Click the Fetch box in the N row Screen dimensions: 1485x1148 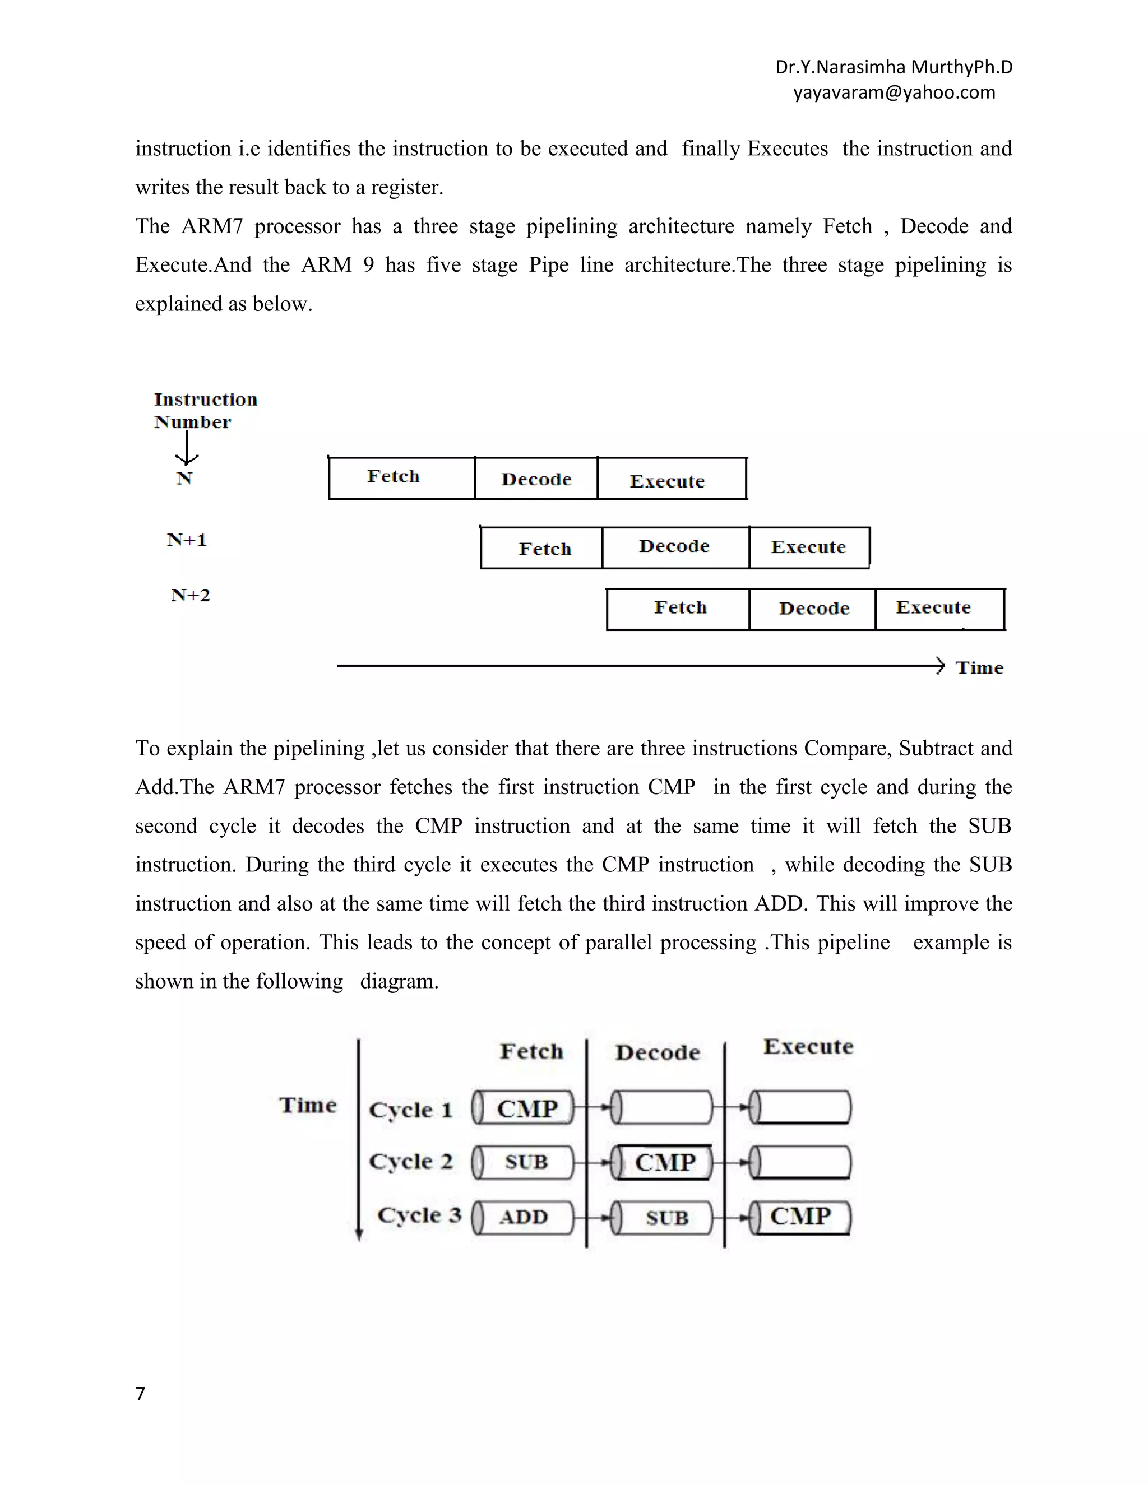coord(401,478)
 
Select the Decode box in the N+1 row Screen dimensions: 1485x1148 coord(675,547)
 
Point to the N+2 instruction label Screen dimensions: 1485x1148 coord(191,596)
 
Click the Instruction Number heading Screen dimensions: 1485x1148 coord(205,410)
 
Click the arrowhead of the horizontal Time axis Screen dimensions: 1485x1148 coord(939,666)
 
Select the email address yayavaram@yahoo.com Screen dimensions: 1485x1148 coord(894,92)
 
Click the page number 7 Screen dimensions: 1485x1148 coord(140,1394)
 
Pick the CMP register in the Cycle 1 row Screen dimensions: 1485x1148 coord(524,1108)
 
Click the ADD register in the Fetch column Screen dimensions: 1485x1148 coord(524,1217)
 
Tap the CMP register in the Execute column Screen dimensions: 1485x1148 coord(800,1217)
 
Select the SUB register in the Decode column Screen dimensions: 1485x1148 coord(664,1217)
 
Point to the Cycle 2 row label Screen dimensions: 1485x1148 coord(410,1161)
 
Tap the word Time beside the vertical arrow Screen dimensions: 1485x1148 coord(307,1106)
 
